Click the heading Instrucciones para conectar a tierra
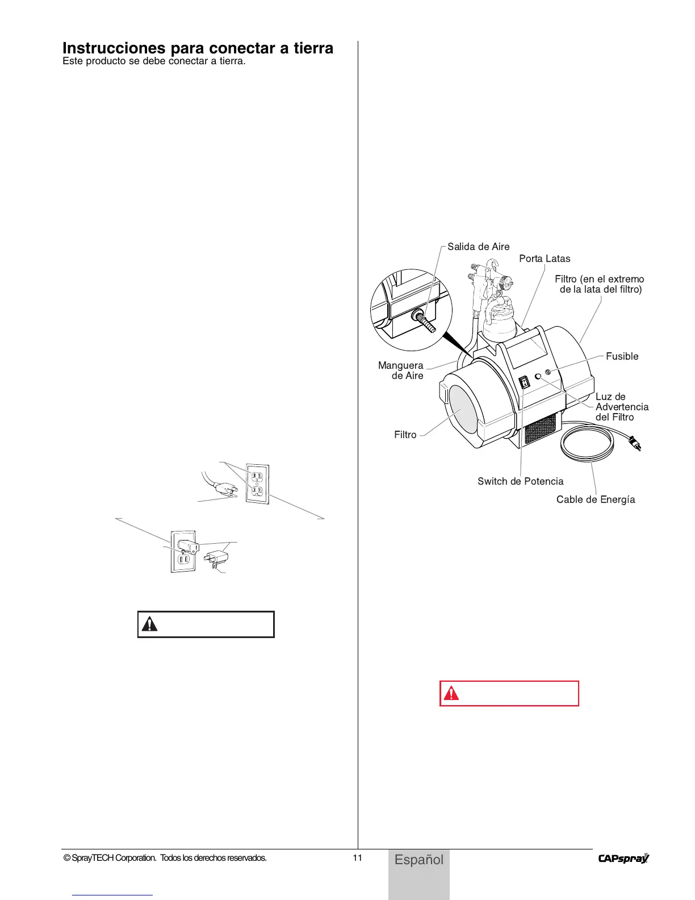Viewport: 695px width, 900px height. [198, 48]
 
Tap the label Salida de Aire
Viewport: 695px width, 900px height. [478, 247]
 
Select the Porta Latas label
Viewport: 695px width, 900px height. [545, 259]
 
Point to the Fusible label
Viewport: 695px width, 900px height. [622, 356]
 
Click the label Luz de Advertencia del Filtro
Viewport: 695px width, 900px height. [621, 407]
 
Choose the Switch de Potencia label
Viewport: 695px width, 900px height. [520, 481]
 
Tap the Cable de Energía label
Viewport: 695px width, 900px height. [595, 499]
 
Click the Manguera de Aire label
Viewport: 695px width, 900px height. [401, 370]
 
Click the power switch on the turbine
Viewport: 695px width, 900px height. [525, 382]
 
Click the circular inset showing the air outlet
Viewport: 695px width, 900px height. [411, 310]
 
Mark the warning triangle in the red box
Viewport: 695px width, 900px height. [451, 693]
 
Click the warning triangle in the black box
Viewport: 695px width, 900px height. [149, 624]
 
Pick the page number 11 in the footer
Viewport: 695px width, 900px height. [357, 857]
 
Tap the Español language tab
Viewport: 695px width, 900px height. [419, 860]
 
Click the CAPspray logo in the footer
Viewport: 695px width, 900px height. [623, 859]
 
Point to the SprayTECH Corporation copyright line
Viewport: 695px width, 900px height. [165, 858]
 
